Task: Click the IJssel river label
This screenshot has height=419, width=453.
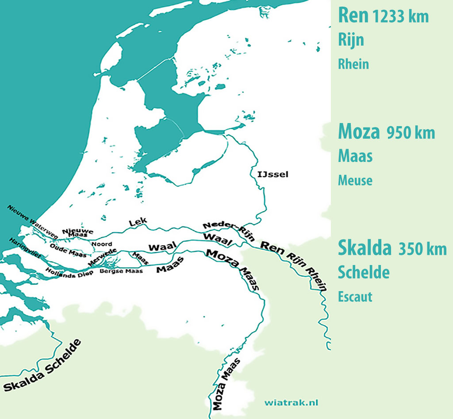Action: (x=273, y=174)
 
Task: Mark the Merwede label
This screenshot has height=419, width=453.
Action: (x=102, y=256)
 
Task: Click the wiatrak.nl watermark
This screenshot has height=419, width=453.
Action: (x=291, y=403)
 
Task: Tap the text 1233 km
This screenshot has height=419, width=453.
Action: (x=400, y=18)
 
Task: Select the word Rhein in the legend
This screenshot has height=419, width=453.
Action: (x=353, y=65)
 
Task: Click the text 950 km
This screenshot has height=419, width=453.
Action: (x=411, y=134)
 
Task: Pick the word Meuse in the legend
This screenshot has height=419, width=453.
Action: (x=355, y=181)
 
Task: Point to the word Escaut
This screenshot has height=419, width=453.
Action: (x=355, y=297)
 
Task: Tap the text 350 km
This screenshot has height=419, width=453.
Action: (x=422, y=250)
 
